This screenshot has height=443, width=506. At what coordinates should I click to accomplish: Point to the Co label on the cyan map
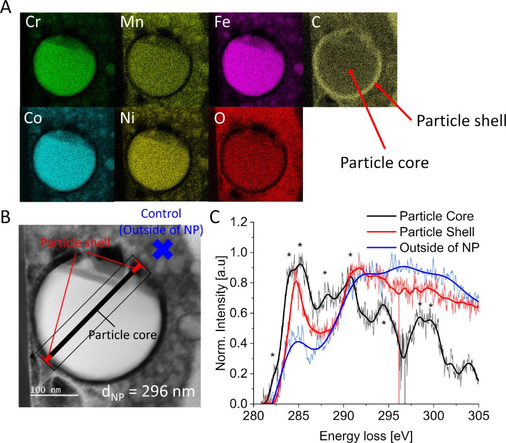pos(35,119)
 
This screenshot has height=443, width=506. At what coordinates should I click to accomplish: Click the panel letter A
pos(8,10)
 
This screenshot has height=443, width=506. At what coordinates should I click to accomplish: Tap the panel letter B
pos(8,217)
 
